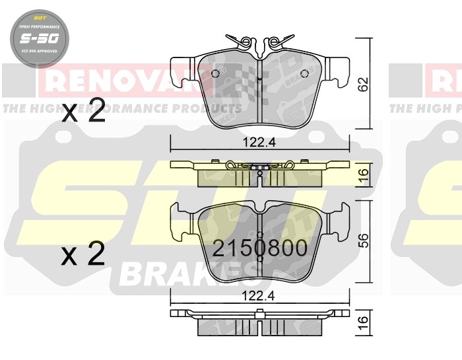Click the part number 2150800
tap(259, 249)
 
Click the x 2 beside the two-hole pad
tap(83, 112)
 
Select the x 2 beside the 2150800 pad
tap(83, 255)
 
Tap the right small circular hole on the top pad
tap(304, 73)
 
